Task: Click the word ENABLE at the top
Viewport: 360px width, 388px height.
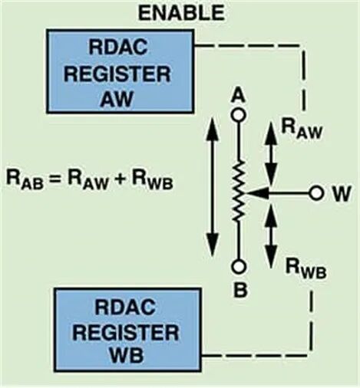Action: pyautogui.click(x=181, y=13)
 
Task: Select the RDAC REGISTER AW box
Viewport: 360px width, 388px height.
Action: pyautogui.click(x=120, y=71)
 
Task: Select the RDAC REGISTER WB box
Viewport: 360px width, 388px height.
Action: pyautogui.click(x=127, y=330)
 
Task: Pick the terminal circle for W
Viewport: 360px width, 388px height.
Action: pyautogui.click(x=316, y=193)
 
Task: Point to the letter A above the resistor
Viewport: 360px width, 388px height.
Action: pyautogui.click(x=239, y=97)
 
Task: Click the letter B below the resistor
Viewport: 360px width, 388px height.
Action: pyautogui.click(x=240, y=290)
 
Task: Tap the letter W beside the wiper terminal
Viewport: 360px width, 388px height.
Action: pyautogui.click(x=342, y=193)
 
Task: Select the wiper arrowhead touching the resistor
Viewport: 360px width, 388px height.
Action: pyautogui.click(x=256, y=193)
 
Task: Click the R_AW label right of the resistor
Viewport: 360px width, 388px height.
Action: pyautogui.click(x=301, y=129)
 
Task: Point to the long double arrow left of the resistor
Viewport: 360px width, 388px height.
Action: pyautogui.click(x=213, y=186)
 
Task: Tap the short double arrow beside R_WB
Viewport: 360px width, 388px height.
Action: pyautogui.click(x=270, y=235)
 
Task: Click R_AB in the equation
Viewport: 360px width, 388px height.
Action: pyautogui.click(x=25, y=179)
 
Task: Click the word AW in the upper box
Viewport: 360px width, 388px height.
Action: pyautogui.click(x=117, y=98)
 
